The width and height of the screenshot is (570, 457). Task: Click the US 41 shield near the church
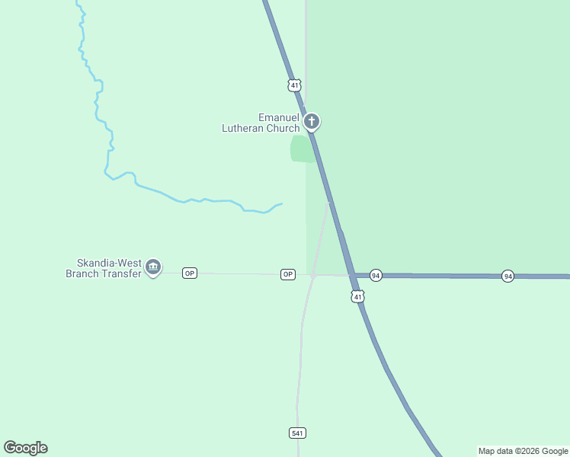pyautogui.click(x=295, y=85)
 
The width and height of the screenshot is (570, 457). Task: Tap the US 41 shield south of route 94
pyautogui.click(x=358, y=296)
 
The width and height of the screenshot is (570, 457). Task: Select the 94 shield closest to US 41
pyautogui.click(x=376, y=275)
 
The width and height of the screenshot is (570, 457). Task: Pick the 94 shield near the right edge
pyautogui.click(x=508, y=276)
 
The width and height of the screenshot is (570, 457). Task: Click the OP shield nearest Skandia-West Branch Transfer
pyautogui.click(x=190, y=273)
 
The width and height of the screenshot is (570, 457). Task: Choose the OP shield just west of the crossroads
pyautogui.click(x=287, y=274)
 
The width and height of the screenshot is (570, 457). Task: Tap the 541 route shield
pyautogui.click(x=298, y=433)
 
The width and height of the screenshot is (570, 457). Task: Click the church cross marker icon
pyautogui.click(x=311, y=121)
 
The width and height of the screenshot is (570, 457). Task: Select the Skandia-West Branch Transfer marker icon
pyautogui.click(x=153, y=267)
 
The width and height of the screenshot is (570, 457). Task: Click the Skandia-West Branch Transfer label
pyautogui.click(x=104, y=268)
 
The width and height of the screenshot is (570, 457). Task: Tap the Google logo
pyautogui.click(x=25, y=448)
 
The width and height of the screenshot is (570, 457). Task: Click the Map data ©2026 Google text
pyautogui.click(x=523, y=451)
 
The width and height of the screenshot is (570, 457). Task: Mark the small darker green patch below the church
pyautogui.click(x=302, y=149)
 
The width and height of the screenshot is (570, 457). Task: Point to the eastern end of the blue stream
pyautogui.click(x=282, y=203)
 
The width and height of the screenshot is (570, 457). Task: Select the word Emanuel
pyautogui.click(x=277, y=117)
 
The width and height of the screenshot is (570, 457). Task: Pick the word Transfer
pyautogui.click(x=123, y=273)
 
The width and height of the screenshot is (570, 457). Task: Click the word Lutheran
pyautogui.click(x=242, y=128)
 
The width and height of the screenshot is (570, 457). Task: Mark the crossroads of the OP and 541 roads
pyautogui.click(x=313, y=275)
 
